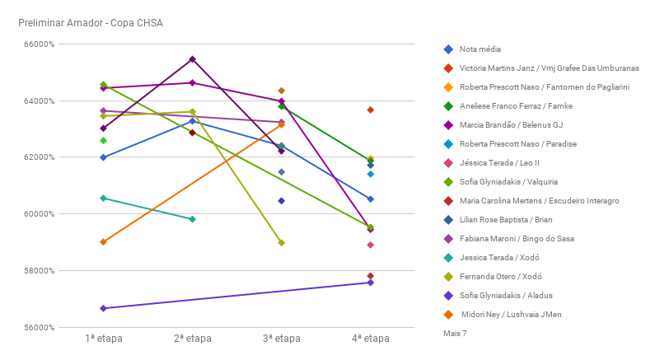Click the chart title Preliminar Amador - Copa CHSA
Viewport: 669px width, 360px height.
coord(90,22)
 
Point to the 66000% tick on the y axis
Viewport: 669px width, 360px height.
coord(35,44)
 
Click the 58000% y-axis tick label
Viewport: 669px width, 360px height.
coord(35,271)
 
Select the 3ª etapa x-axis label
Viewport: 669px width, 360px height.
coord(281,339)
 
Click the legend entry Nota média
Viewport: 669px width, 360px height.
coord(480,49)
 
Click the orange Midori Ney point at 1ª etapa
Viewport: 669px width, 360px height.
coord(103,242)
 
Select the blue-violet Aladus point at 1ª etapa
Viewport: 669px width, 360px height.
coord(103,308)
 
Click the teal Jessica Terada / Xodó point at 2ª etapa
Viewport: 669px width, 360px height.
coord(192,219)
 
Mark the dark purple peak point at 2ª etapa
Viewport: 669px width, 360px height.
coord(192,59)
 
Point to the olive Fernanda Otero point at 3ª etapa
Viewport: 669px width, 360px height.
coord(281,243)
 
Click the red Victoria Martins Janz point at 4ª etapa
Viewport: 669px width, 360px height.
coord(371,110)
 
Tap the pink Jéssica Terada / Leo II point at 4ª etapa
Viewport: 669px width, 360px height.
coord(371,245)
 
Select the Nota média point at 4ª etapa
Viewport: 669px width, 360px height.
coord(371,199)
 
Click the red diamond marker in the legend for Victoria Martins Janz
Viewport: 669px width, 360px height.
coord(447,68)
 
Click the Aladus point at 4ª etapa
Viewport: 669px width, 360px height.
coord(371,283)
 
